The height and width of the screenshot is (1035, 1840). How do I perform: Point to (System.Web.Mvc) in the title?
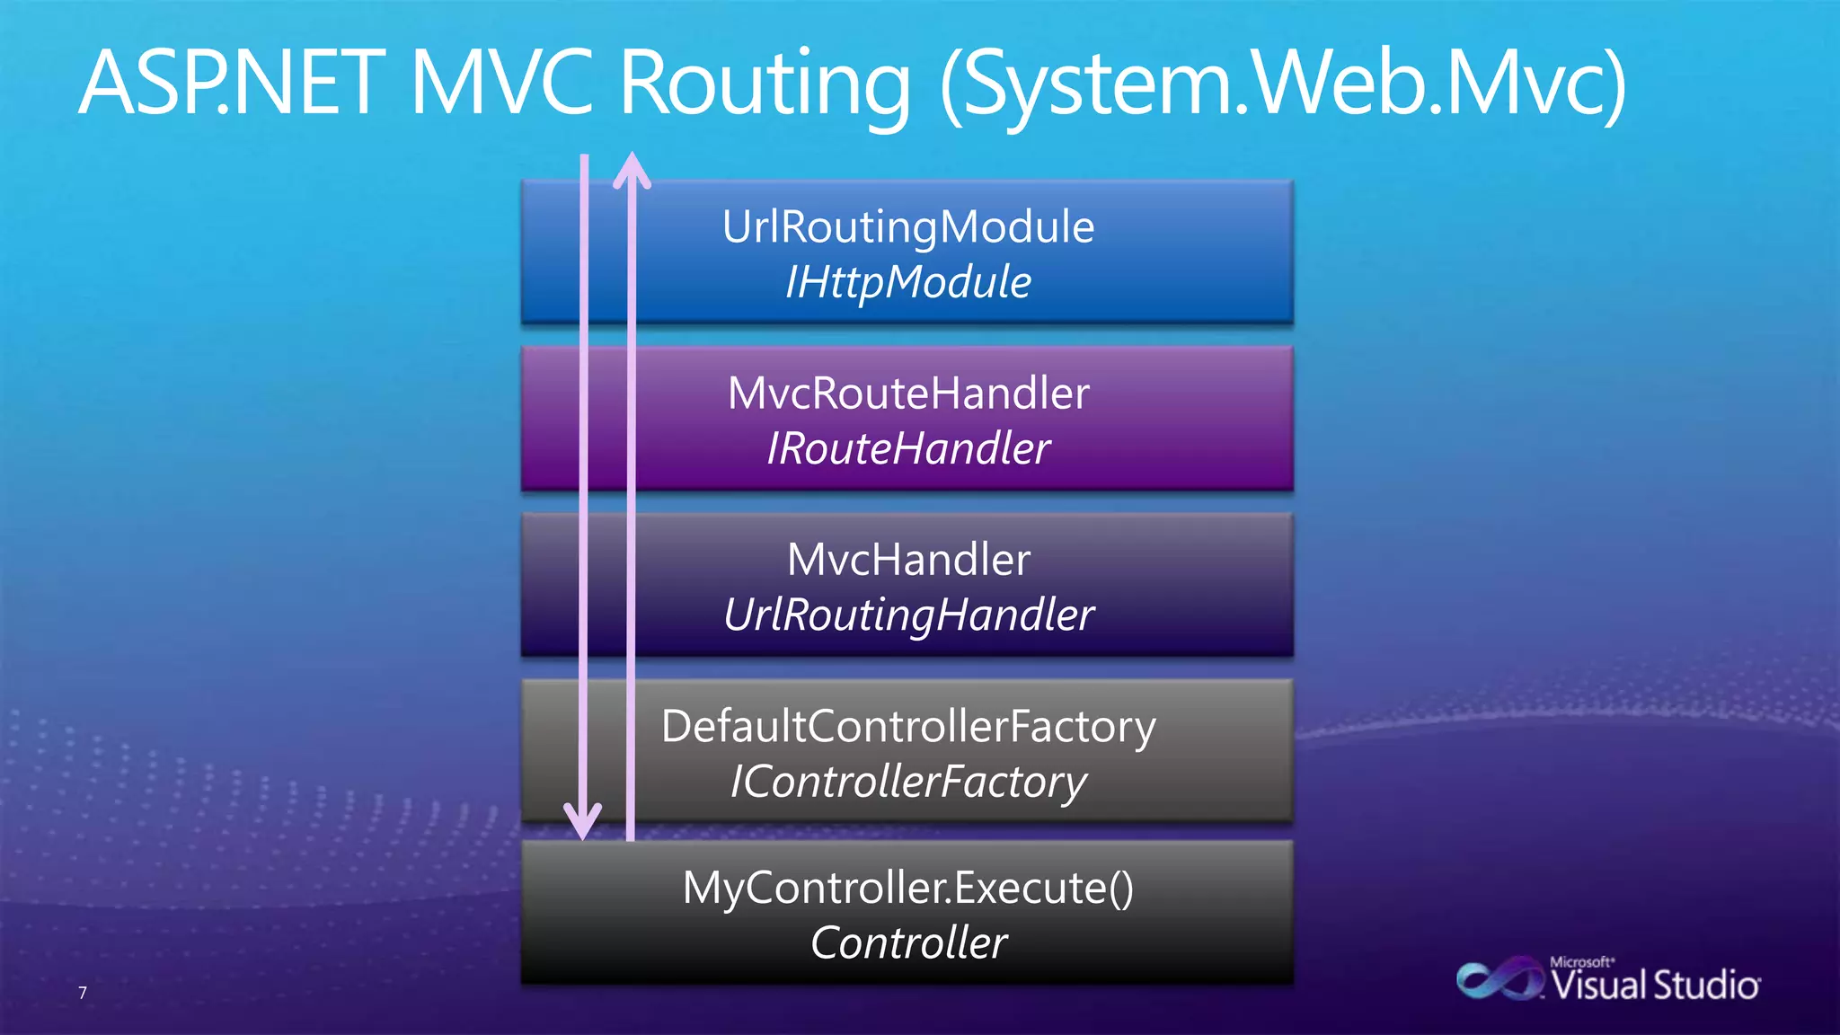(x=1283, y=85)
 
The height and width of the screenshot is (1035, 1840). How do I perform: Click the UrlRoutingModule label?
(x=908, y=226)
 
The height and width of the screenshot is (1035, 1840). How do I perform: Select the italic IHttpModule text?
(x=908, y=282)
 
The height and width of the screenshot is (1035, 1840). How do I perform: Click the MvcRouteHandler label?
(x=908, y=394)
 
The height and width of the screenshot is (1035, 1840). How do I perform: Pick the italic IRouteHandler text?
(x=908, y=448)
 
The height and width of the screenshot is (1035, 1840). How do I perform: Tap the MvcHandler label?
(x=908, y=560)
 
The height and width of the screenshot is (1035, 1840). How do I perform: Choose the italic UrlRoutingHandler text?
(x=908, y=615)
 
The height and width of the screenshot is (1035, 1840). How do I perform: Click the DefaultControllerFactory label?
(x=908, y=726)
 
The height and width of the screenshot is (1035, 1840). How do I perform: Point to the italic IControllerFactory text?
(x=908, y=782)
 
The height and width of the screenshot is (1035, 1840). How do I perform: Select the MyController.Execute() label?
(x=908, y=888)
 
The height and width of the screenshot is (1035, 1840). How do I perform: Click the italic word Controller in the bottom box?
(x=908, y=943)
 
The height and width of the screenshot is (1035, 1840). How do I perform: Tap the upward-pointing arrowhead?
(x=632, y=170)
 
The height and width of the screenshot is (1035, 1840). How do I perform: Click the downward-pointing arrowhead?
(x=583, y=821)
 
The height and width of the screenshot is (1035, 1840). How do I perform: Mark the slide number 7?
(x=83, y=993)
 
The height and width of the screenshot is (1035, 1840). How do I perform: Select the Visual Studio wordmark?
(x=1656, y=986)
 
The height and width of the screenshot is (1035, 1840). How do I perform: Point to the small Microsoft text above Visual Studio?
(x=1581, y=962)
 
